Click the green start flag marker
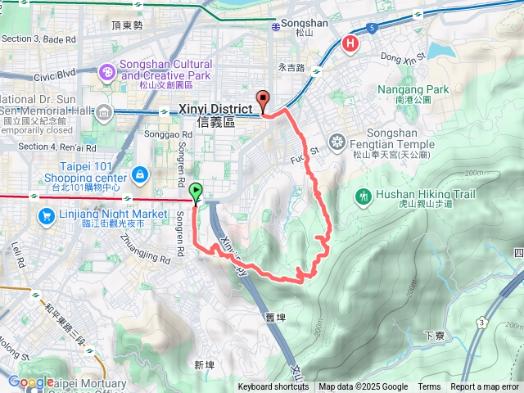point(196,192)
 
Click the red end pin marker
point(264,101)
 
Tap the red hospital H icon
point(351,43)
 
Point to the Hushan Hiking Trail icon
point(363,196)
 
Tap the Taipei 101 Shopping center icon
point(140,174)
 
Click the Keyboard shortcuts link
point(273,387)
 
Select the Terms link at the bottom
point(429,387)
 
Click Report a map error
point(486,387)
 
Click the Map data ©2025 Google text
point(363,387)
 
